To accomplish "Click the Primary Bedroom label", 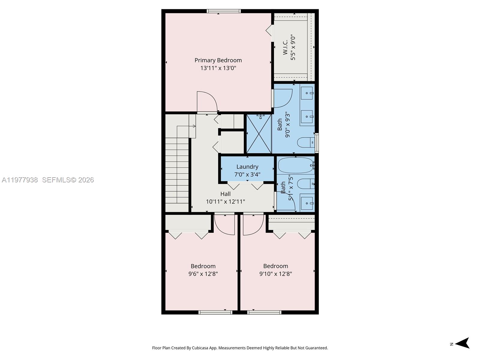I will click(218, 60).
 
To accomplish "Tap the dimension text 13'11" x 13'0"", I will click(218, 68).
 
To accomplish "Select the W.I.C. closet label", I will click(285, 47).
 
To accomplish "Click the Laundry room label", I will click(247, 167).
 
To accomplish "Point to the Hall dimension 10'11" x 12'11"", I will click(225, 202).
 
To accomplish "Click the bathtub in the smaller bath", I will click(296, 165).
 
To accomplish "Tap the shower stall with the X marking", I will click(259, 134).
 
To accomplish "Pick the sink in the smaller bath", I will click(307, 203).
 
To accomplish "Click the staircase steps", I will click(177, 174).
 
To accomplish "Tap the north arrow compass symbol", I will click(463, 343).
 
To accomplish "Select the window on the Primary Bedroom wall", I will click(223, 11).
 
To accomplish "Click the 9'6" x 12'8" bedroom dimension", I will click(203, 274).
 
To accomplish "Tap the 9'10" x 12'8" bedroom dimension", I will click(275, 274).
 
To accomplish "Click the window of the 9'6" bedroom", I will click(215, 312).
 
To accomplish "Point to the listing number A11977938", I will click(20, 180).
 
